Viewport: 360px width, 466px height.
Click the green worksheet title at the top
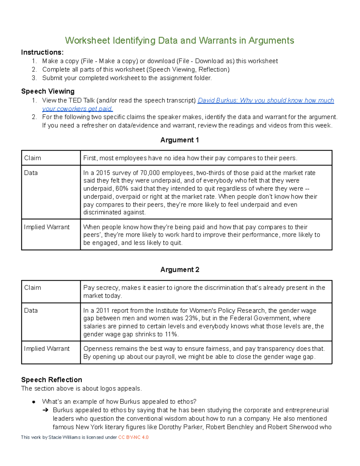tap(179, 41)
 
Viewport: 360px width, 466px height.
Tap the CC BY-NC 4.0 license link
tap(133, 437)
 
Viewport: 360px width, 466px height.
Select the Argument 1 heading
tap(179, 140)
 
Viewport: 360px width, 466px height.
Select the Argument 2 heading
tap(179, 270)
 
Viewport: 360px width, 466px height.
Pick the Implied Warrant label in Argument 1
tap(47, 227)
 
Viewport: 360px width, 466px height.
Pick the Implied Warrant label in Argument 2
tap(47, 349)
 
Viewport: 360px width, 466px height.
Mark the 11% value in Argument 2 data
tap(171, 334)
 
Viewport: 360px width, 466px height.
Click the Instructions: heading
tap(42, 53)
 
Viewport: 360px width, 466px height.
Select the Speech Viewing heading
tap(48, 91)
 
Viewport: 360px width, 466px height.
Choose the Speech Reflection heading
tap(52, 380)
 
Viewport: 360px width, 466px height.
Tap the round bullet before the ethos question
tap(34, 402)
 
